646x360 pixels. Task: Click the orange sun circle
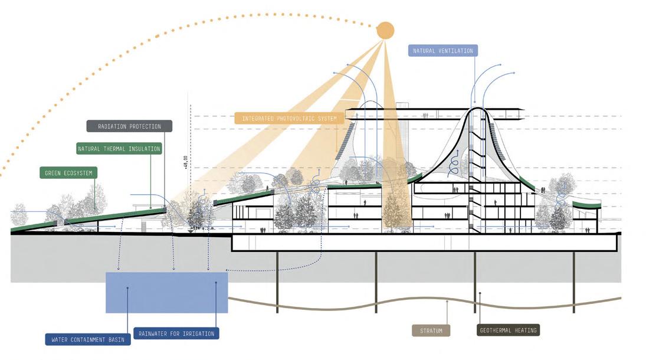385,31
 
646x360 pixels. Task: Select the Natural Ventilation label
442,51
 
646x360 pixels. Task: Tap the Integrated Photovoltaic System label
289,119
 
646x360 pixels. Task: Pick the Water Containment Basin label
88,340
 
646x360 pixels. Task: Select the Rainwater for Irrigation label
177,333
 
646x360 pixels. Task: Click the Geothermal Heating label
508,330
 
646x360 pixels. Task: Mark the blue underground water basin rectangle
166,292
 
